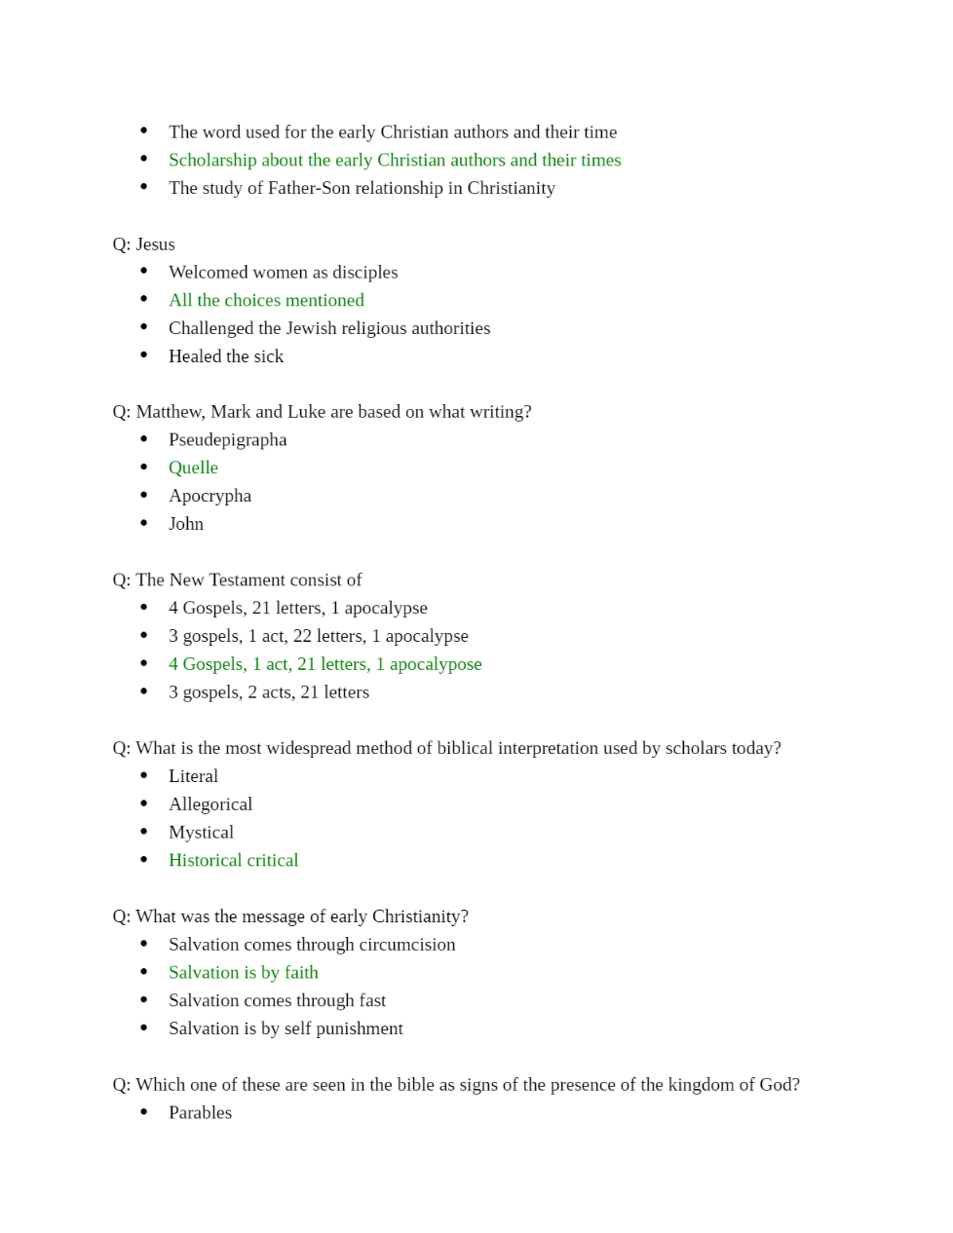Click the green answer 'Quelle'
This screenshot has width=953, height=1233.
click(x=193, y=467)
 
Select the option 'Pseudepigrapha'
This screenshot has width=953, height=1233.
click(x=227, y=439)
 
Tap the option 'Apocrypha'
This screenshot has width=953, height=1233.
click(x=210, y=496)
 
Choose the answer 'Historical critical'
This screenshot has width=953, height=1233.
click(x=233, y=860)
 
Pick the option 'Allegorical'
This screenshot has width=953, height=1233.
click(x=210, y=804)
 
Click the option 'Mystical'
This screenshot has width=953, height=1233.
click(x=201, y=833)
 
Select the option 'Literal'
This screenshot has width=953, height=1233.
click(x=193, y=776)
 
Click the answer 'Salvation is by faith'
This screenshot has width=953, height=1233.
click(x=243, y=972)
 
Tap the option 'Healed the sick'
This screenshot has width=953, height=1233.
click(x=226, y=356)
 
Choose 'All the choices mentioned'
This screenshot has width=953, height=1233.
click(x=266, y=300)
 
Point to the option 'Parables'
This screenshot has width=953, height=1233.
click(x=200, y=1112)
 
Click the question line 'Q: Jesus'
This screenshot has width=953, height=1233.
click(x=144, y=244)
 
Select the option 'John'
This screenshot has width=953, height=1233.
click(x=186, y=524)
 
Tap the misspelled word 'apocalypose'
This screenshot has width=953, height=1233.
click(x=436, y=664)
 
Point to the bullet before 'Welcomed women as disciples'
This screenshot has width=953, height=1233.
click(x=144, y=272)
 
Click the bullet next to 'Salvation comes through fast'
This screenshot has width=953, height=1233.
click(x=144, y=1000)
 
